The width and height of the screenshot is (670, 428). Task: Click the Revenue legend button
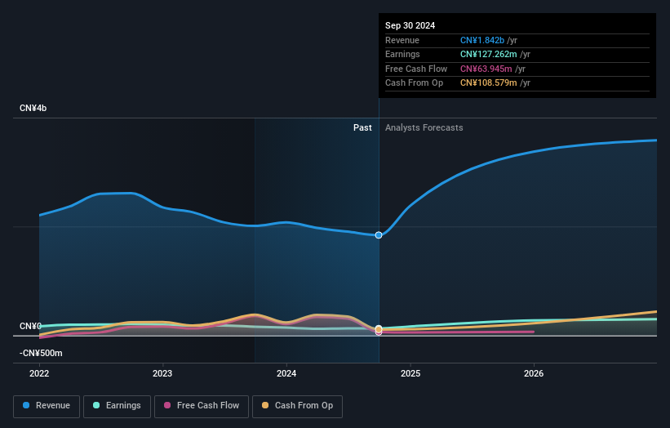[47, 405]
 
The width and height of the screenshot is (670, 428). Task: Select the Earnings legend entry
[116, 405]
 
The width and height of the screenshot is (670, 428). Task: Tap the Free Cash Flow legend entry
[202, 405]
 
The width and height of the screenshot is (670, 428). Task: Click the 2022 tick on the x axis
[39, 374]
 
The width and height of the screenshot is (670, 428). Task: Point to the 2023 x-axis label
[162, 374]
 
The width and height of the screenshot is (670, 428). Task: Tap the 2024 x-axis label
[286, 374]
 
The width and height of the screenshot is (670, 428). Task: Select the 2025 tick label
[410, 374]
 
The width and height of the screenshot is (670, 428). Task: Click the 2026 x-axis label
[534, 374]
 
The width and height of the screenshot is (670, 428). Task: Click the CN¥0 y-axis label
[30, 327]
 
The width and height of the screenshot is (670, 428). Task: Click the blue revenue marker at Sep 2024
[379, 235]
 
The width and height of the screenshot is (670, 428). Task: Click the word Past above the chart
[362, 127]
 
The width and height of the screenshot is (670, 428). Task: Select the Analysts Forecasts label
[424, 127]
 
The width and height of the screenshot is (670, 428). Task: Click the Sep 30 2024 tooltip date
[410, 25]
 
